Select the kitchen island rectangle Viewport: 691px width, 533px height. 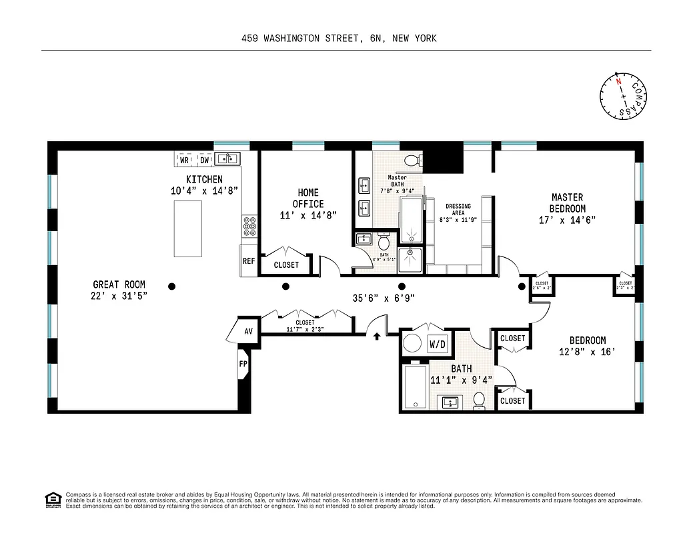187,228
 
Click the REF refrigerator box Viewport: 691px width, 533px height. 249,261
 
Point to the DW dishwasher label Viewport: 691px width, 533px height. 205,160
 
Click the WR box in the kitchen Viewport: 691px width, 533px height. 184,160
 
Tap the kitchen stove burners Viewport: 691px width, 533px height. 250,227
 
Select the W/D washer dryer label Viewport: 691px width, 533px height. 438,345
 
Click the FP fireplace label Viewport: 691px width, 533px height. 243,364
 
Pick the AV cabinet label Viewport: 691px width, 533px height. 248,331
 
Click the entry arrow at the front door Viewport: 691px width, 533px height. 377,336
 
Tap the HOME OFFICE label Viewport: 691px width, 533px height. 308,198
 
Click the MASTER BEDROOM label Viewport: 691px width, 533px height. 567,208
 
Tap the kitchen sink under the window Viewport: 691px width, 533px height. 228,159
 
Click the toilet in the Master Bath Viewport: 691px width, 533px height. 412,160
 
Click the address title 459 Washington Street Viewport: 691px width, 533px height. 339,39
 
